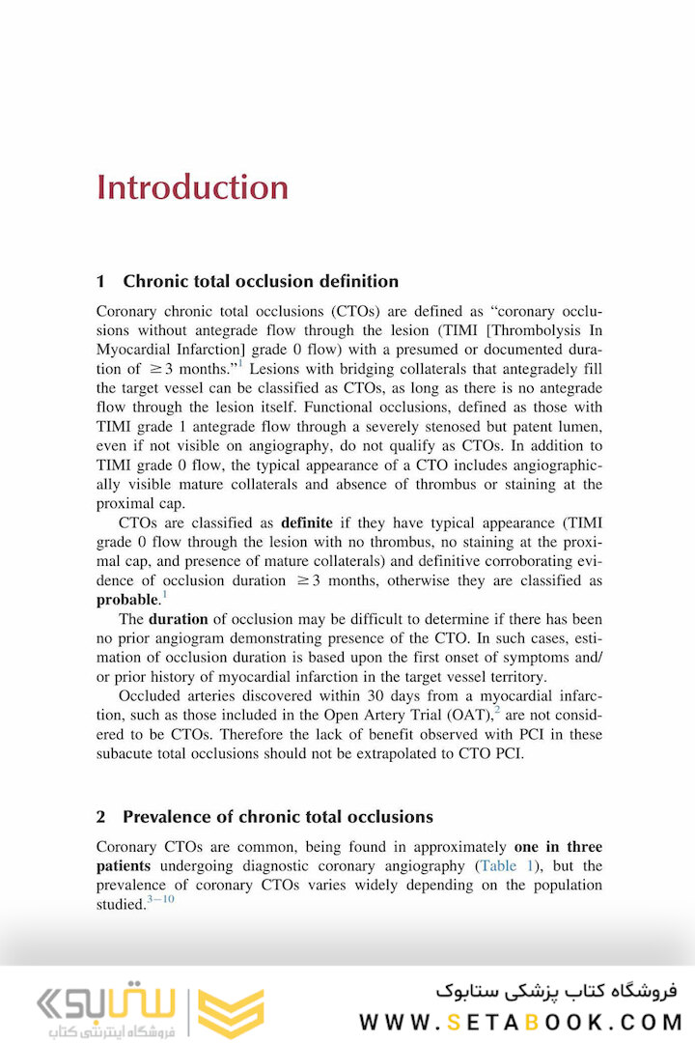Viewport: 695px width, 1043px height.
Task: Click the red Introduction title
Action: pyautogui.click(x=192, y=186)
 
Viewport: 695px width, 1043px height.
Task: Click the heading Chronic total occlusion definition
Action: pyautogui.click(x=260, y=282)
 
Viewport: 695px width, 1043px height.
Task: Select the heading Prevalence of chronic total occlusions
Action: pyautogui.click(x=277, y=817)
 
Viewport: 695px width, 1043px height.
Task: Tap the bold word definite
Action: pyautogui.click(x=307, y=522)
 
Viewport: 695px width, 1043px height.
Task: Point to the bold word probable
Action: pyautogui.click(x=126, y=600)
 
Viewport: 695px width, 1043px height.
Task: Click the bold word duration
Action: pyautogui.click(x=179, y=619)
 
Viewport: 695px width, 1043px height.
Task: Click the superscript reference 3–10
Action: pyautogui.click(x=161, y=900)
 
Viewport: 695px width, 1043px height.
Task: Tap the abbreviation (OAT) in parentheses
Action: pyautogui.click(x=462, y=716)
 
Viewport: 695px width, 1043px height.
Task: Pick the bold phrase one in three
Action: pyautogui.click(x=558, y=847)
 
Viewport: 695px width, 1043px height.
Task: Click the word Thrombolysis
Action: pyautogui.click(x=509, y=330)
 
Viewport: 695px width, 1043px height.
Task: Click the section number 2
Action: pyautogui.click(x=101, y=817)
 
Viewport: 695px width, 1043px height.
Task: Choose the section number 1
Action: pyautogui.click(x=101, y=282)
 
